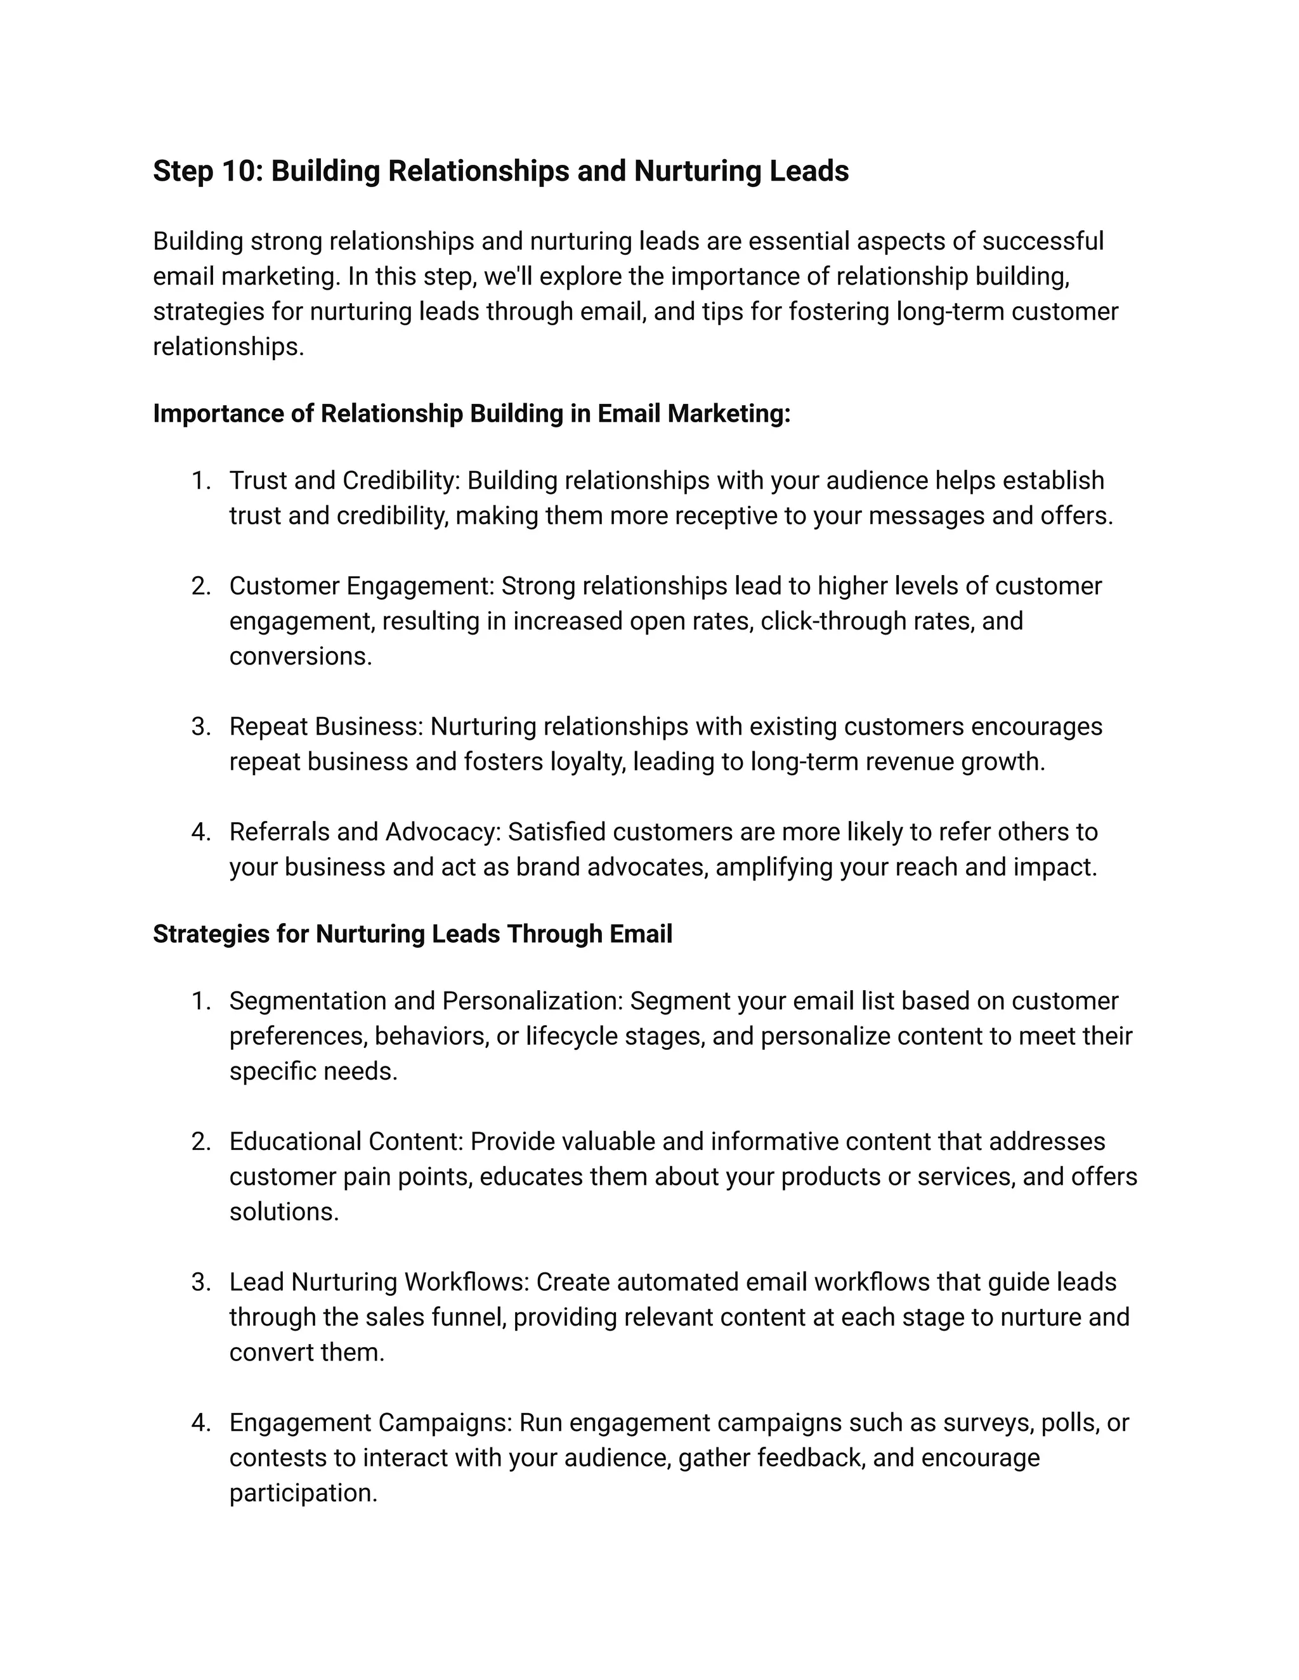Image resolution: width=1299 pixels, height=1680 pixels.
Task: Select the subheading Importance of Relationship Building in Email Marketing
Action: (x=471, y=414)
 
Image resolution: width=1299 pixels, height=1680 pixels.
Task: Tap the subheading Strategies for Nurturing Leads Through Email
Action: (x=412, y=934)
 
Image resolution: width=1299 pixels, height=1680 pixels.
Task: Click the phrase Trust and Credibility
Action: (x=343, y=481)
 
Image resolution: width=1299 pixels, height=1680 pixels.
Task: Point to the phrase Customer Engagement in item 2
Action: (x=361, y=586)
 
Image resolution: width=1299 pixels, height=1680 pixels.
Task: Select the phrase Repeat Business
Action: (x=326, y=727)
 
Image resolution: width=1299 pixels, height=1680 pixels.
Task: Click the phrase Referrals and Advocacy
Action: (x=365, y=832)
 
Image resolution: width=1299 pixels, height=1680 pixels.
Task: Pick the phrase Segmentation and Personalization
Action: (x=426, y=1002)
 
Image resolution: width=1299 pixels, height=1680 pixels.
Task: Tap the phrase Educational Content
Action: (x=346, y=1142)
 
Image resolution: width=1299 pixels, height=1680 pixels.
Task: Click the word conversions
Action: (x=300, y=657)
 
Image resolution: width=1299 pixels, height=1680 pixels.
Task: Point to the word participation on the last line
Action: (x=303, y=1494)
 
